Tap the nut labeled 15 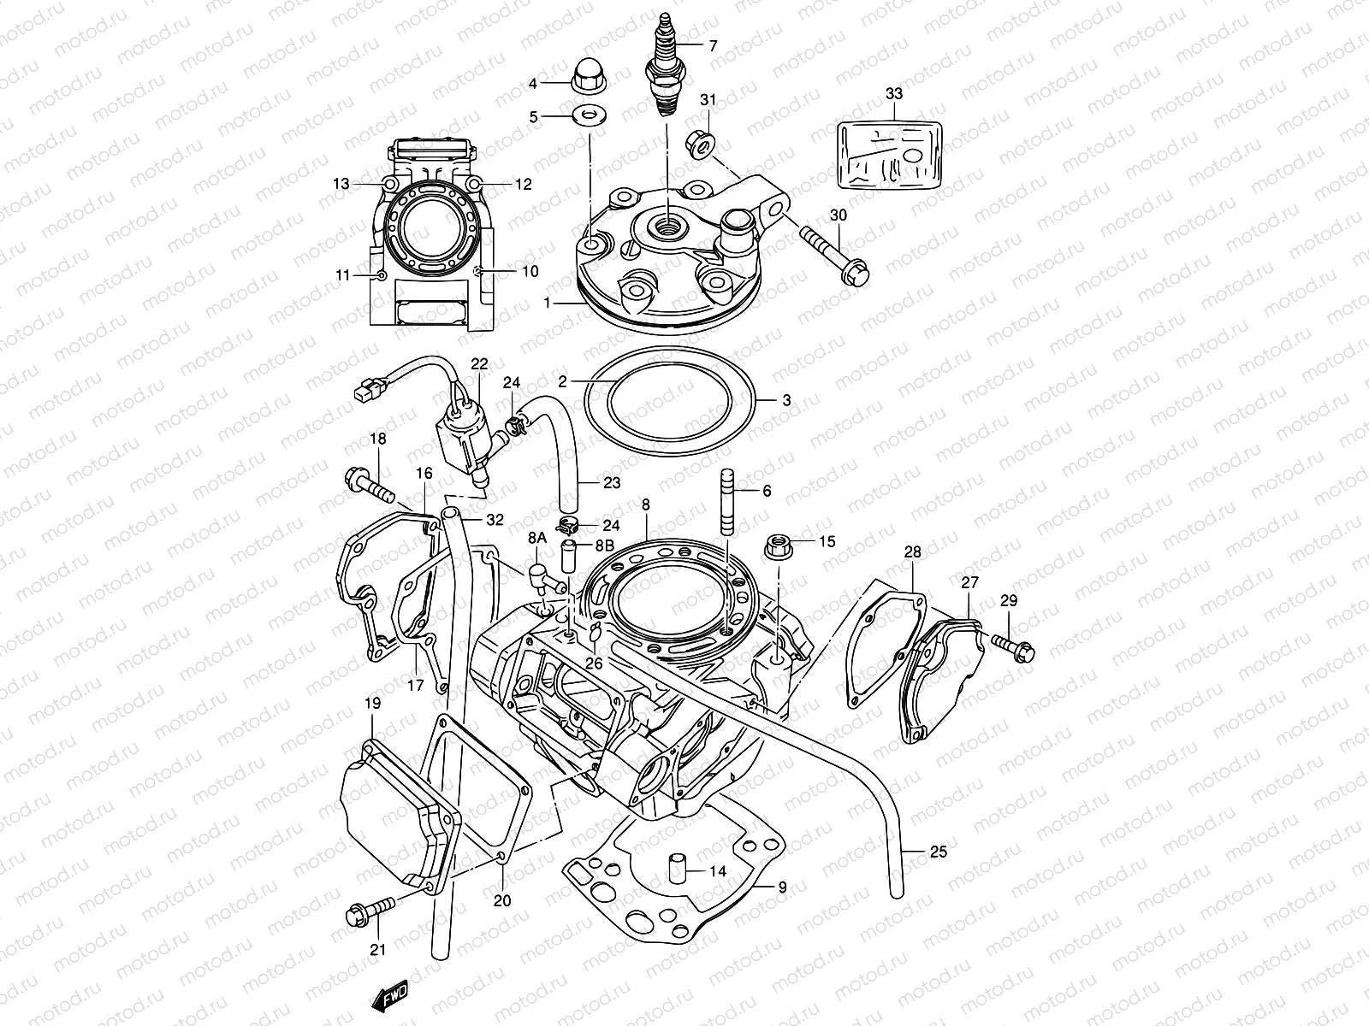pos(779,545)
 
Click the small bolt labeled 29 pos(1015,646)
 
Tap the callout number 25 pos(938,852)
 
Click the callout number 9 pos(780,886)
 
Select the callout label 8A pos(536,538)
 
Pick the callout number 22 pos(478,364)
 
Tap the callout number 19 pos(372,704)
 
